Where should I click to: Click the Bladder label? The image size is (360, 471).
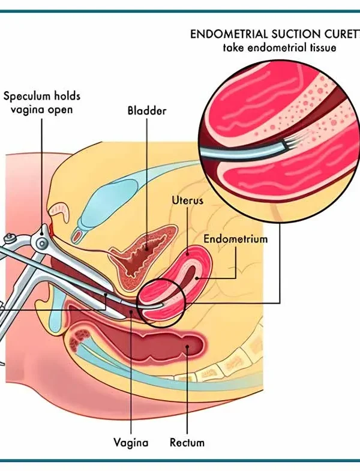tap(147, 111)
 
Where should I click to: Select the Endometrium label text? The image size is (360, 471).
tap(235, 238)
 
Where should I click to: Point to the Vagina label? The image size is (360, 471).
tap(131, 443)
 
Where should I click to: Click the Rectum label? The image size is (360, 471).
tap(187, 443)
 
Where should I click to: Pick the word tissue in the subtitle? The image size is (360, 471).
tap(320, 47)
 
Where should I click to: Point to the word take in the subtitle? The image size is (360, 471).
tap(235, 47)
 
